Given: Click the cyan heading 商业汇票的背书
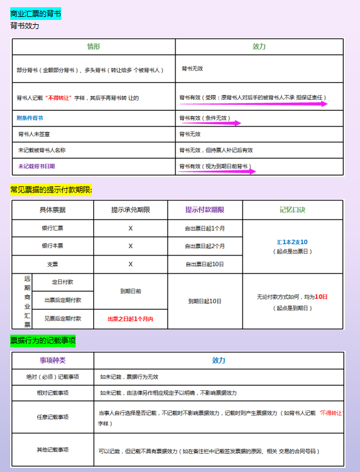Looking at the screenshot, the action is pyautogui.click(x=36, y=13).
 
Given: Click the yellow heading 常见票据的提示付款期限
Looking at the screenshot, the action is pyautogui.click(x=51, y=189).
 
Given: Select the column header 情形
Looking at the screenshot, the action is pyautogui.click(x=93, y=47).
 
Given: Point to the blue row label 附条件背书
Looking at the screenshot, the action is pyautogui.click(x=30, y=117).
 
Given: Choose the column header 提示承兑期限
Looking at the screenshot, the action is pyautogui.click(x=130, y=209).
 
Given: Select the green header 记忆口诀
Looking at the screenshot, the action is pyautogui.click(x=292, y=209).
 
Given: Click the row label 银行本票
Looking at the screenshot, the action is pyautogui.click(x=53, y=246).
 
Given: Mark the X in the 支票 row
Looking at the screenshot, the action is pyautogui.click(x=130, y=264).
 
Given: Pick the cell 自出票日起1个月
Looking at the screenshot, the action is pyautogui.click(x=205, y=229).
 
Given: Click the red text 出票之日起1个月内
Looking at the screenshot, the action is pyautogui.click(x=130, y=319).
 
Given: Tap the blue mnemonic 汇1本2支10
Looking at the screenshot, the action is pyautogui.click(x=292, y=241).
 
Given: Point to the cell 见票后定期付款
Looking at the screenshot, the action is pyautogui.click(x=62, y=318).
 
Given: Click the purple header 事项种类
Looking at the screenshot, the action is pyautogui.click(x=53, y=360).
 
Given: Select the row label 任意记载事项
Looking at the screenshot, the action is pyautogui.click(x=53, y=417).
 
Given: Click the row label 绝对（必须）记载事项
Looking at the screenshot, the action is pyautogui.click(x=53, y=376).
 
